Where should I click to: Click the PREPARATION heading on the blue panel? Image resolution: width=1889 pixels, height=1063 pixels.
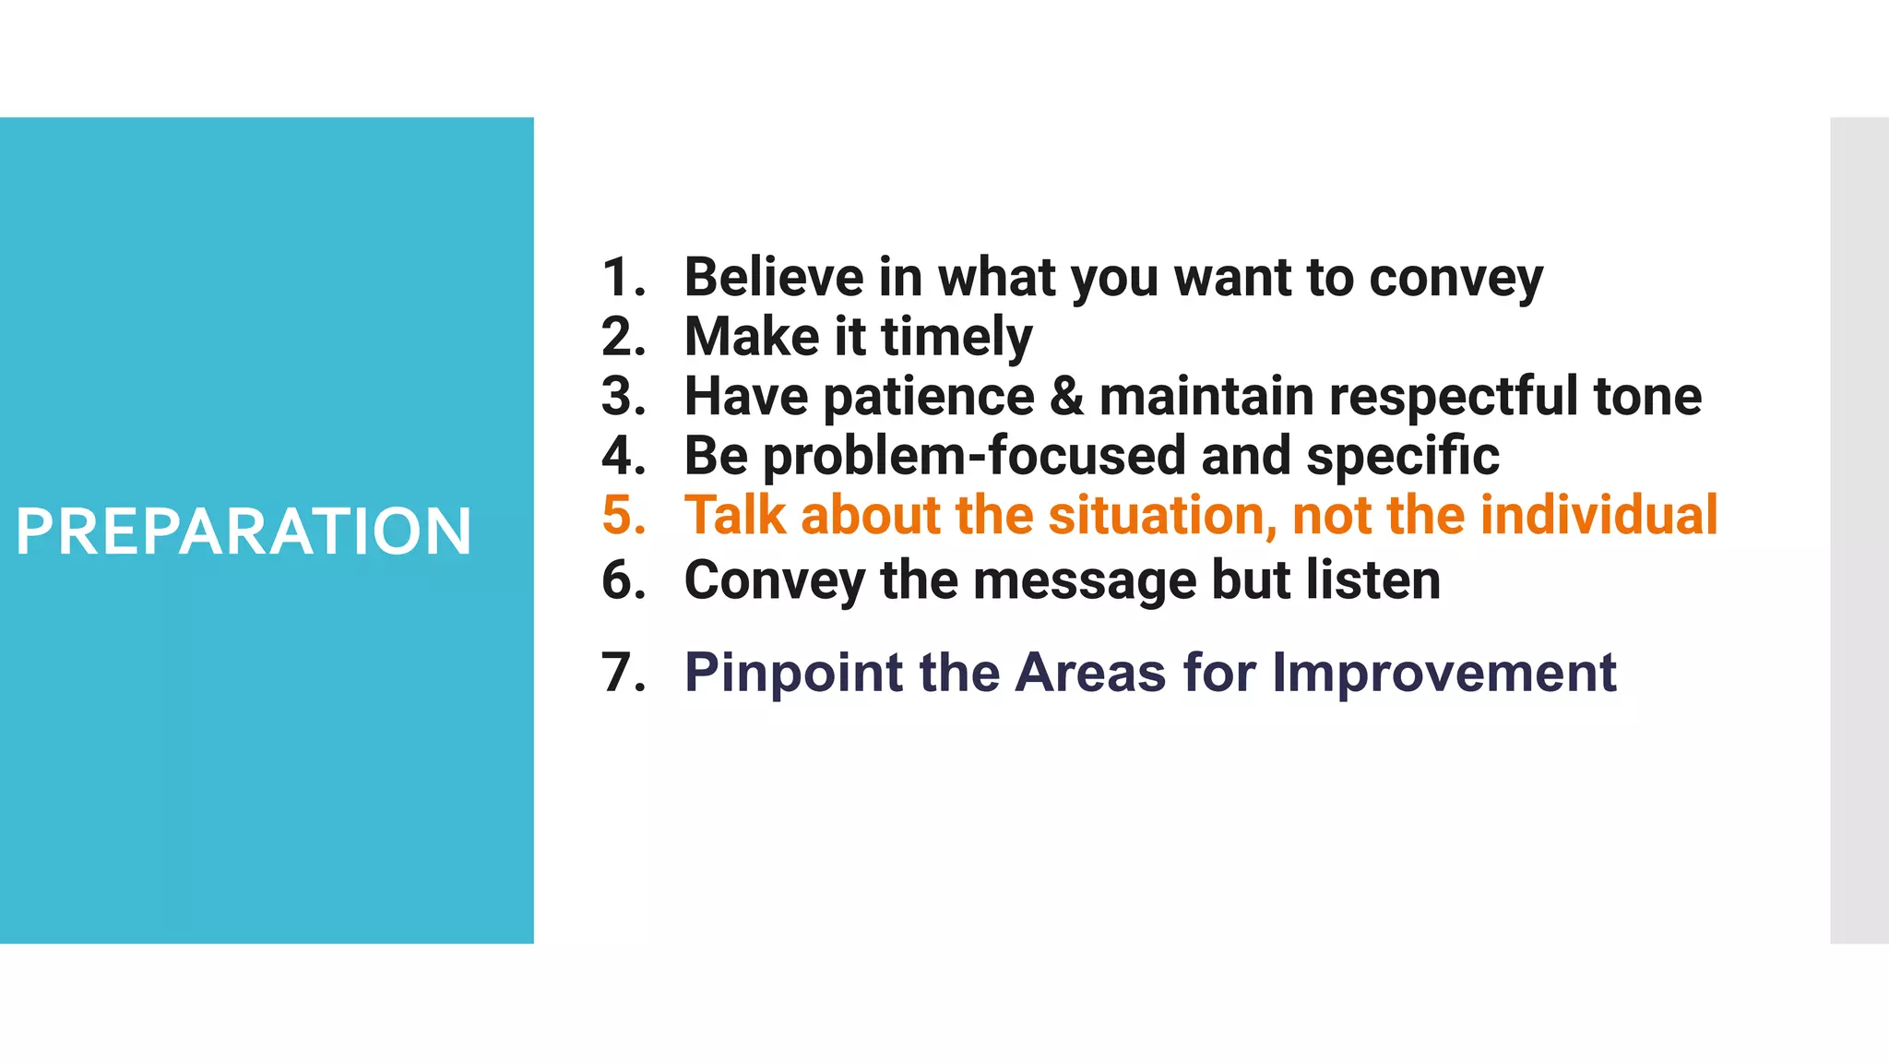click(x=244, y=531)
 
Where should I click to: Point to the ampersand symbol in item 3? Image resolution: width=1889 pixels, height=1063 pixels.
click(x=1066, y=397)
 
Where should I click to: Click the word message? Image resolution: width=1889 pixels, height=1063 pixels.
click(x=1084, y=581)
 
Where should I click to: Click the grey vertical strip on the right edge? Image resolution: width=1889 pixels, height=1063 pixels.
click(x=1859, y=531)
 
